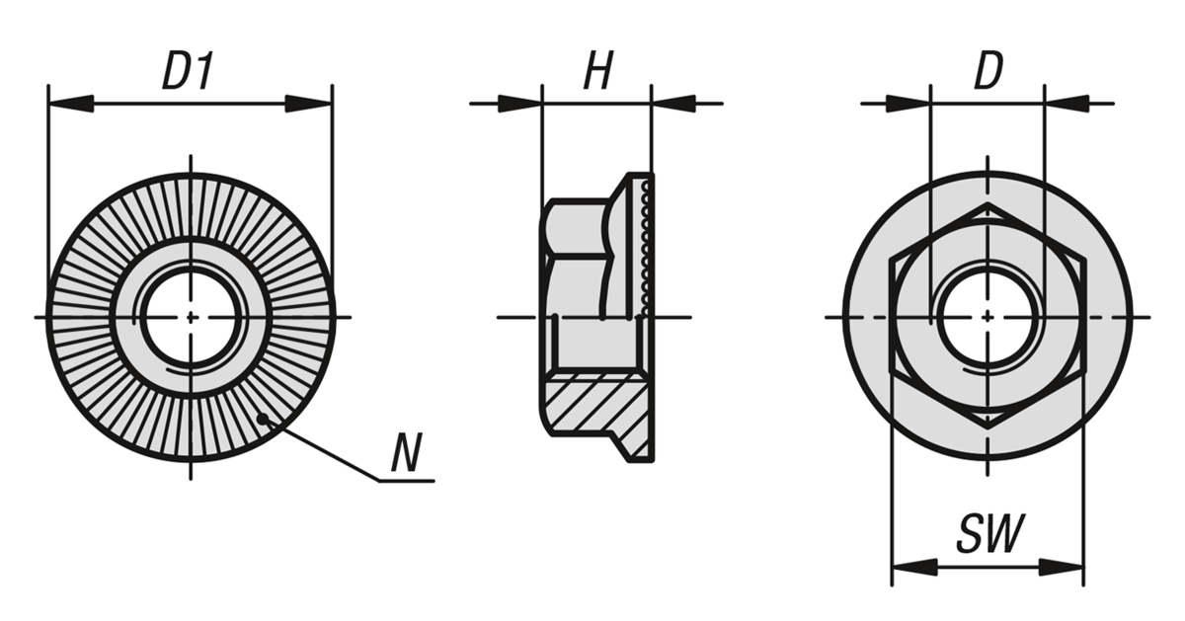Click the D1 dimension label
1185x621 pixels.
coord(188,71)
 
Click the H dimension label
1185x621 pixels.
coord(597,71)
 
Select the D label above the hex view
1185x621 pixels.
coord(988,71)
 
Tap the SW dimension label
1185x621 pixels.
coord(990,533)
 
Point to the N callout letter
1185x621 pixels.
coord(406,453)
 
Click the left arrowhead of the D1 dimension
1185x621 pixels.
coord(71,104)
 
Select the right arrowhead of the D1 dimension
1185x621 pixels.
coord(308,104)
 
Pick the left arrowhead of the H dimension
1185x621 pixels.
coord(520,104)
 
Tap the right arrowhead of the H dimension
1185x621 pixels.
coord(673,104)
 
